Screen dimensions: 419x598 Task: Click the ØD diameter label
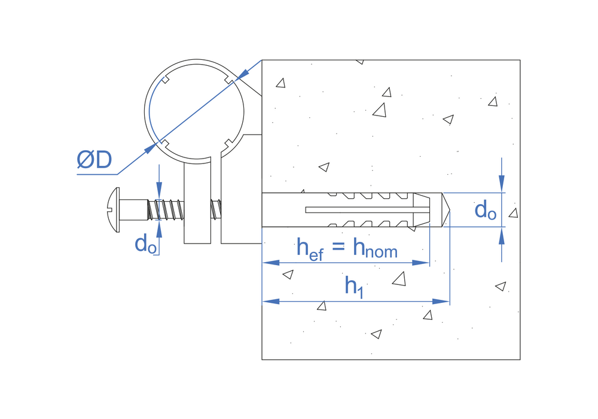[x=94, y=160]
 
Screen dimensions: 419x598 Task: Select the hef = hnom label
[x=347, y=248]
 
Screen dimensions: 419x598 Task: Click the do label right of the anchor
[x=486, y=210]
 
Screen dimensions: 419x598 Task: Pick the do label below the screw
[x=146, y=244]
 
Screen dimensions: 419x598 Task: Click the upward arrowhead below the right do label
[x=502, y=235]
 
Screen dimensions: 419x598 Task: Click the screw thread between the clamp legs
[x=216, y=209]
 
